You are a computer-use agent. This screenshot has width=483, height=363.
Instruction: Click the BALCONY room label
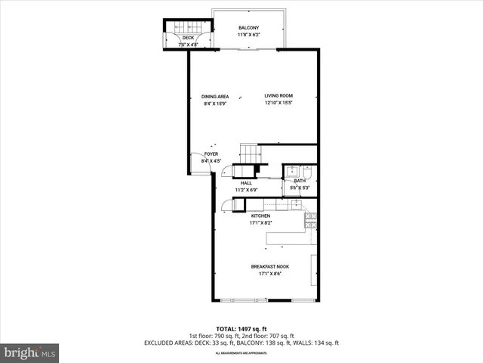(248, 28)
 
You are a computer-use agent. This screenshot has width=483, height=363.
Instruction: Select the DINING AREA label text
(215, 96)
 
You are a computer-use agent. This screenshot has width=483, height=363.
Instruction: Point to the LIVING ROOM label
(278, 96)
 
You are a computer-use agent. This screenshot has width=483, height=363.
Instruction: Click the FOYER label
(211, 154)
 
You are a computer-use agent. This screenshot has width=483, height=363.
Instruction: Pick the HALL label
(246, 183)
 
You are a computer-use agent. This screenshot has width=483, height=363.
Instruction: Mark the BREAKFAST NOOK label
(270, 266)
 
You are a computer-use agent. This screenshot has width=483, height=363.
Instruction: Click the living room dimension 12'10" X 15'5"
(278, 104)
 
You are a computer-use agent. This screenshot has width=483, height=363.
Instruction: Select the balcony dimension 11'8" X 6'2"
(248, 35)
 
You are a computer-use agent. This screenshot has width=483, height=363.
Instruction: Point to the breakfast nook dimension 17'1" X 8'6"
(270, 274)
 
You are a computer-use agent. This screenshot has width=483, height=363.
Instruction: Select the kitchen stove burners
(309, 220)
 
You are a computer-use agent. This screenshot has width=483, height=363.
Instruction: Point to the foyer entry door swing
(198, 164)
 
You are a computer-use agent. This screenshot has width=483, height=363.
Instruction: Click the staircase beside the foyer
(248, 150)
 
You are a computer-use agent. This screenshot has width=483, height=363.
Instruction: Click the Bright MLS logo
(29, 352)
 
